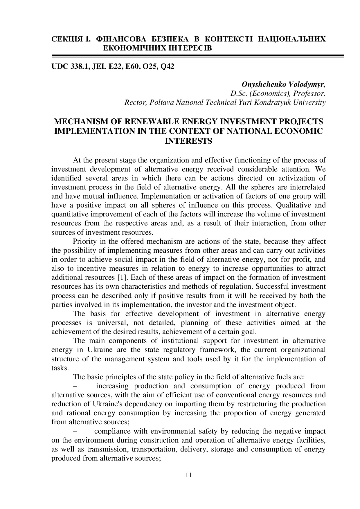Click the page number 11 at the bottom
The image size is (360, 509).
[188, 475]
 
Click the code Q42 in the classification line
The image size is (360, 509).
[167, 67]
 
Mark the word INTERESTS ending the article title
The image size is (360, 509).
[188, 141]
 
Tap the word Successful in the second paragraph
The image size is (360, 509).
[273, 286]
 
